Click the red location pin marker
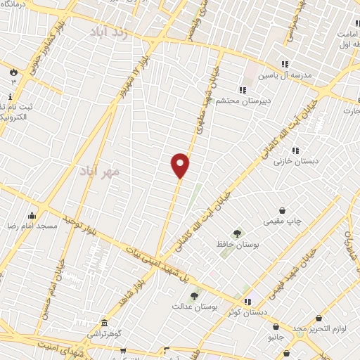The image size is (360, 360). [x=181, y=165]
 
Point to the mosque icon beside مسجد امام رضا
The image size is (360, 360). [x=31, y=215]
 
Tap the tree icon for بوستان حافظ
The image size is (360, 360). [x=237, y=233]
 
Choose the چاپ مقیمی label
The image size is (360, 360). [x=282, y=221]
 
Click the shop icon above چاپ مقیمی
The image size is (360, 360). [x=282, y=210]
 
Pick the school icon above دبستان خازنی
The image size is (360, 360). [x=295, y=150]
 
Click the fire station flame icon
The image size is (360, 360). [x=13, y=72]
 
